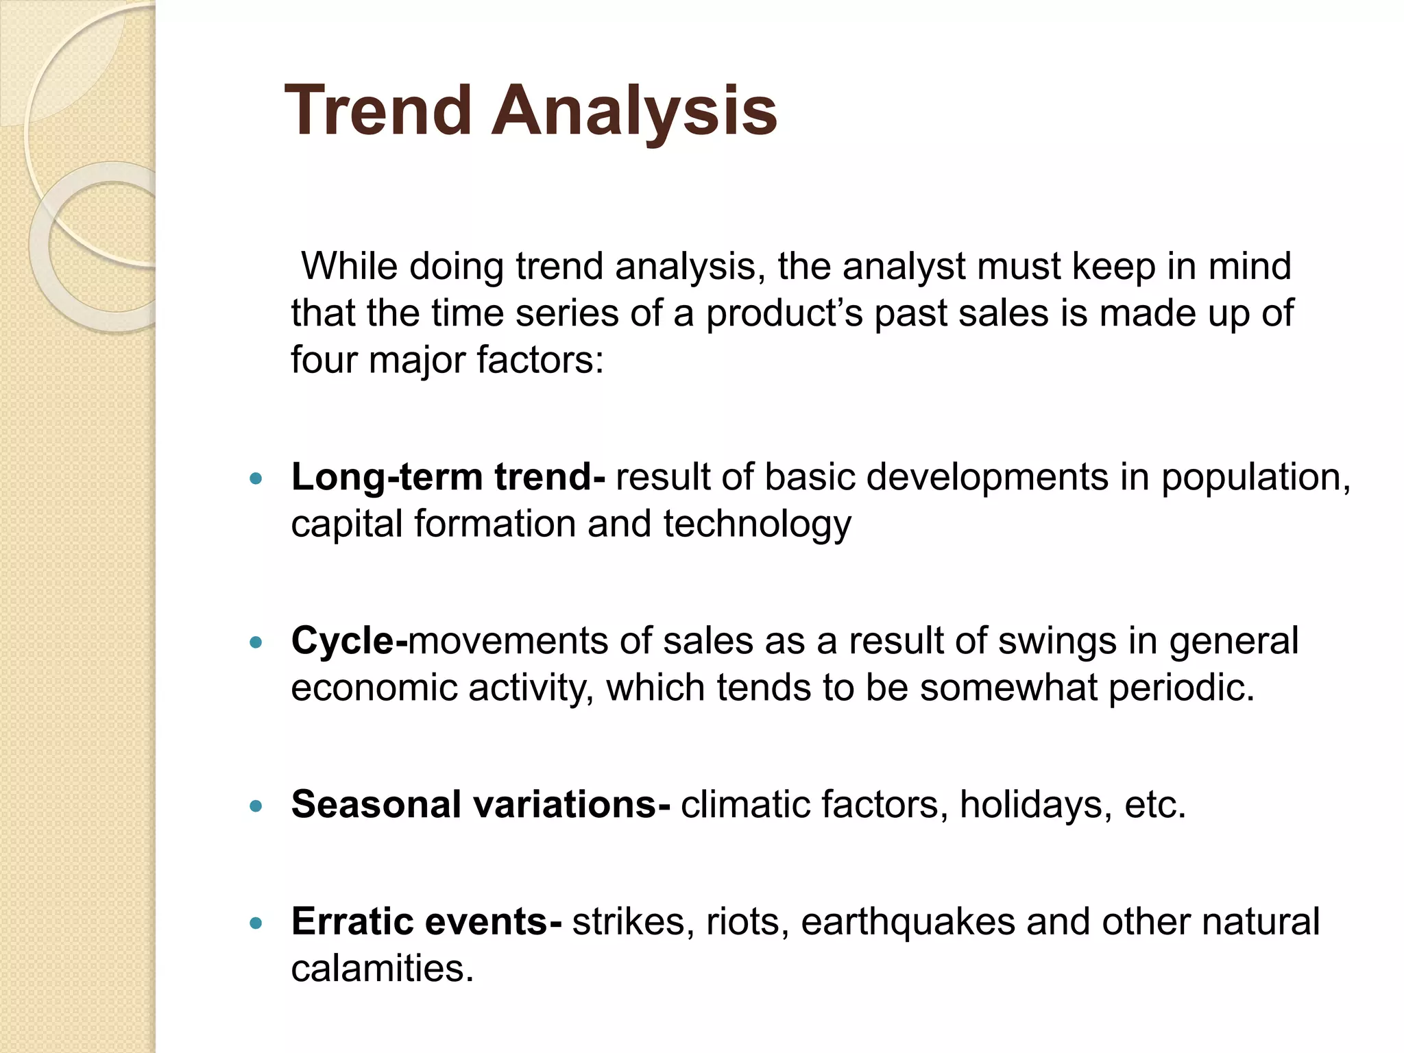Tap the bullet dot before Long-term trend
256,479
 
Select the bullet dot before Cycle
256,643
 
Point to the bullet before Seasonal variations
256,806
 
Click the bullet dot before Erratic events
256,923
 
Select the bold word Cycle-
349,642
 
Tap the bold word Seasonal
375,804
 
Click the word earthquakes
908,922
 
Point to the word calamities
382,969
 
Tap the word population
1255,478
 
